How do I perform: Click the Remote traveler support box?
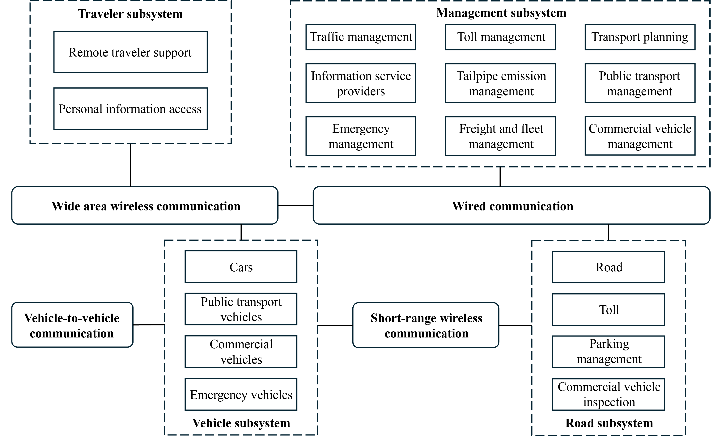130,52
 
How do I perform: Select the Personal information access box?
130,109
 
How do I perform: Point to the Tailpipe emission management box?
500,83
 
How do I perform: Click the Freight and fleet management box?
500,136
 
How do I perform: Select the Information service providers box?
361,83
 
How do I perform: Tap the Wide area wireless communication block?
145,206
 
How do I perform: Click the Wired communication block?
511,206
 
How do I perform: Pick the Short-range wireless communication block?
426,325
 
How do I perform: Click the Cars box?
241,267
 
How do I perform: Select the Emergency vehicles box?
241,394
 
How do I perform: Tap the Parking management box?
609,351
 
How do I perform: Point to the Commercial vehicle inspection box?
609,394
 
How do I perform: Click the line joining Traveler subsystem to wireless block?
130,165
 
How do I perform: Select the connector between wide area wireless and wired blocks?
295,205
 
